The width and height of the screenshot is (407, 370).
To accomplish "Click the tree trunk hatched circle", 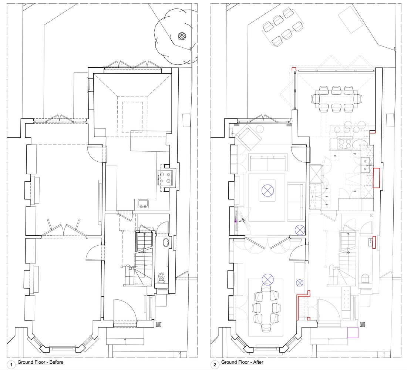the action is pos(182,36).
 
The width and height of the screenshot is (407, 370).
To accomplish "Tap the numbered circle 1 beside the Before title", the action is pos(11,364).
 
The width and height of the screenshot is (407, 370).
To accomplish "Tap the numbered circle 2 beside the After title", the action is pos(215,364).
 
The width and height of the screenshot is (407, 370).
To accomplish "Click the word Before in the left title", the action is pos(56,362).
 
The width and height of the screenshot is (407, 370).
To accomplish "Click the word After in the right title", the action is pos(259,362).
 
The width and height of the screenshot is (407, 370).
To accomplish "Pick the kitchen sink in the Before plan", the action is pos(142,204).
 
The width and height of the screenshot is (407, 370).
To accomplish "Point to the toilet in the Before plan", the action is pos(162,278).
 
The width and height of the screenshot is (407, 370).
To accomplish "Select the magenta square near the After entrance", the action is pos(353,333).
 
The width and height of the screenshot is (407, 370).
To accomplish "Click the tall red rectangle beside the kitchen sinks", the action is pos(376,178).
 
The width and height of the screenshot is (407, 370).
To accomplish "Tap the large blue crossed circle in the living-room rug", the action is pos(268,190).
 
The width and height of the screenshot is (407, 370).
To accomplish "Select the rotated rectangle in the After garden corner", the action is pos(351,20).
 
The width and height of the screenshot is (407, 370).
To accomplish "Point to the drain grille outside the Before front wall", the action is pos(159,324).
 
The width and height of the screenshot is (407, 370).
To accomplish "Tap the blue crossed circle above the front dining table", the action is pos(268,280).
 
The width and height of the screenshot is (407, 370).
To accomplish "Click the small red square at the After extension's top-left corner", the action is pos(293,69).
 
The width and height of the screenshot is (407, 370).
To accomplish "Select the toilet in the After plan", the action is pos(365,279).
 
